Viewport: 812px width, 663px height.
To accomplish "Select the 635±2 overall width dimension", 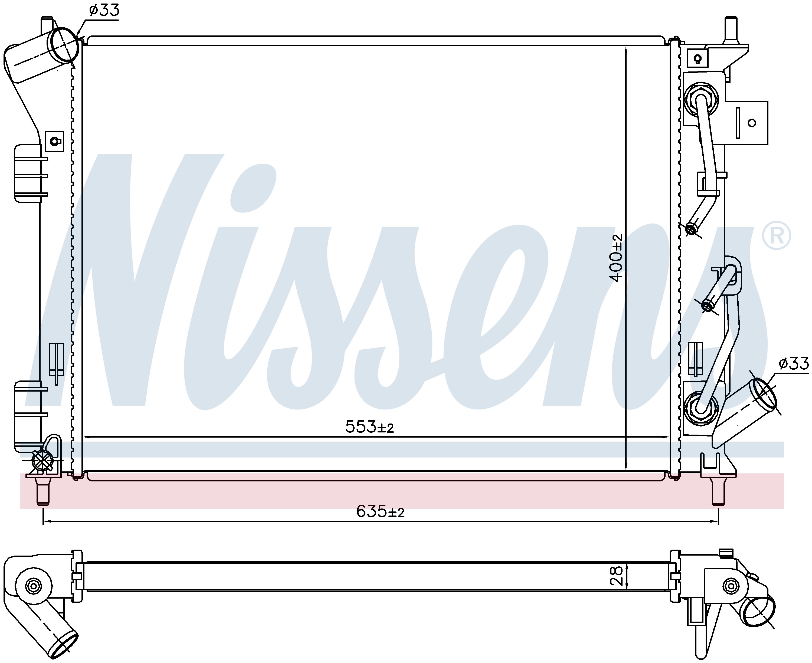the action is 380,511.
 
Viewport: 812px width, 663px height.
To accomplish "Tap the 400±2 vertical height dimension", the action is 616,258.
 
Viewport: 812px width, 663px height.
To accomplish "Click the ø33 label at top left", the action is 104,10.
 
